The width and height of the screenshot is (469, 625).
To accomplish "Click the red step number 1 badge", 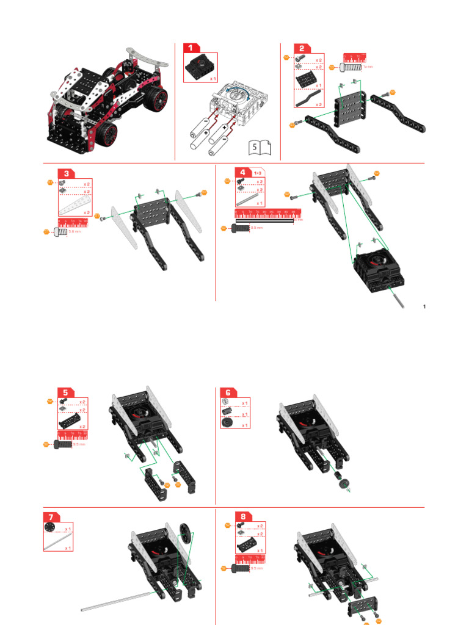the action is coord(191,48).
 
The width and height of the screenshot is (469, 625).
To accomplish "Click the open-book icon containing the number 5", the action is coord(260,147).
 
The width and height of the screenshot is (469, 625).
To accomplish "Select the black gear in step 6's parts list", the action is coord(226,424).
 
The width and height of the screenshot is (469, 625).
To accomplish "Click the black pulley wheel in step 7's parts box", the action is coord(49,528).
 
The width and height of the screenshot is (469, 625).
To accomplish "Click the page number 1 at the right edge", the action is coord(424,306).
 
